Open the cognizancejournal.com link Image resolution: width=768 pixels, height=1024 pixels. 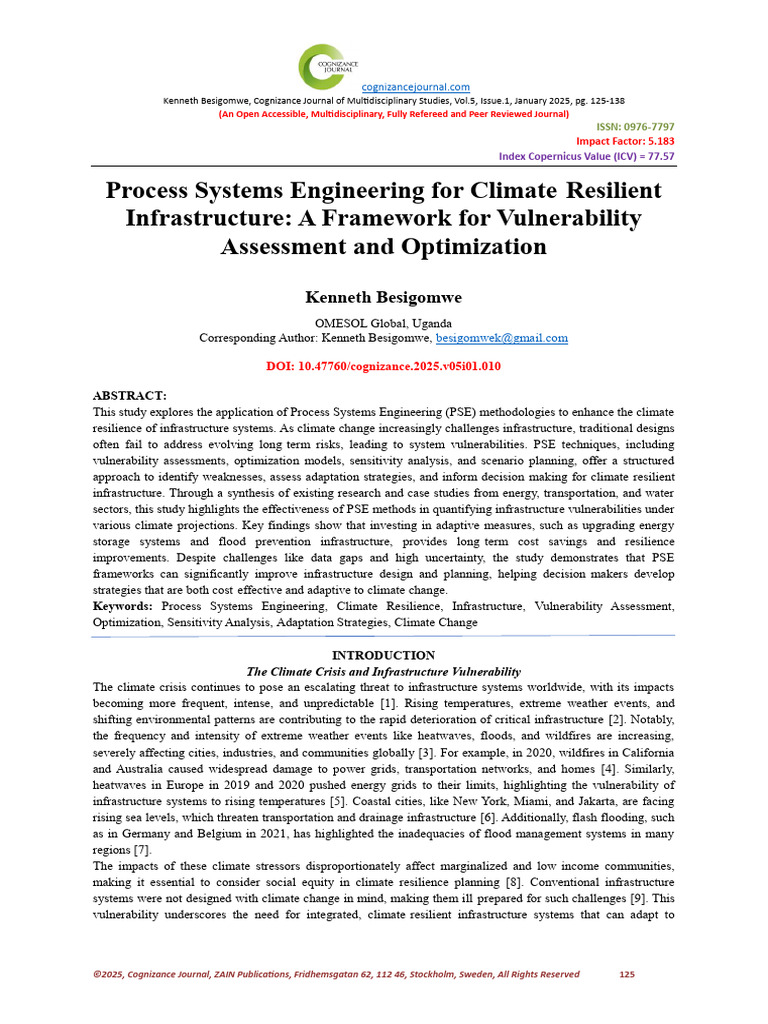pyautogui.click(x=415, y=87)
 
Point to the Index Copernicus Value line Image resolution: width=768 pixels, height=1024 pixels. pyautogui.click(x=586, y=157)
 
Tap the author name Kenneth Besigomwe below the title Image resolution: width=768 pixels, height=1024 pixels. pyautogui.click(x=383, y=297)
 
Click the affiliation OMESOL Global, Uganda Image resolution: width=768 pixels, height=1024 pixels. pyautogui.click(x=383, y=323)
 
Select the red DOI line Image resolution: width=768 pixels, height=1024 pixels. pyautogui.click(x=383, y=367)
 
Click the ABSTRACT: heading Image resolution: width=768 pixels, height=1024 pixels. pyautogui.click(x=129, y=397)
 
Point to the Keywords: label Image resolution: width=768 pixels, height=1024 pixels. pyautogui.click(x=123, y=606)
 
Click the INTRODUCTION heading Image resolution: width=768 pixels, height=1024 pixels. pyautogui.click(x=383, y=656)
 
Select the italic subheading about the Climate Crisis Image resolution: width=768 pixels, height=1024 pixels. pyautogui.click(x=383, y=671)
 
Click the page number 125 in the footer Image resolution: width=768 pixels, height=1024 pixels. pyautogui.click(x=628, y=974)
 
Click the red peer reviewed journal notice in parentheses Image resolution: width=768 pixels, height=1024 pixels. pyautogui.click(x=393, y=114)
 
